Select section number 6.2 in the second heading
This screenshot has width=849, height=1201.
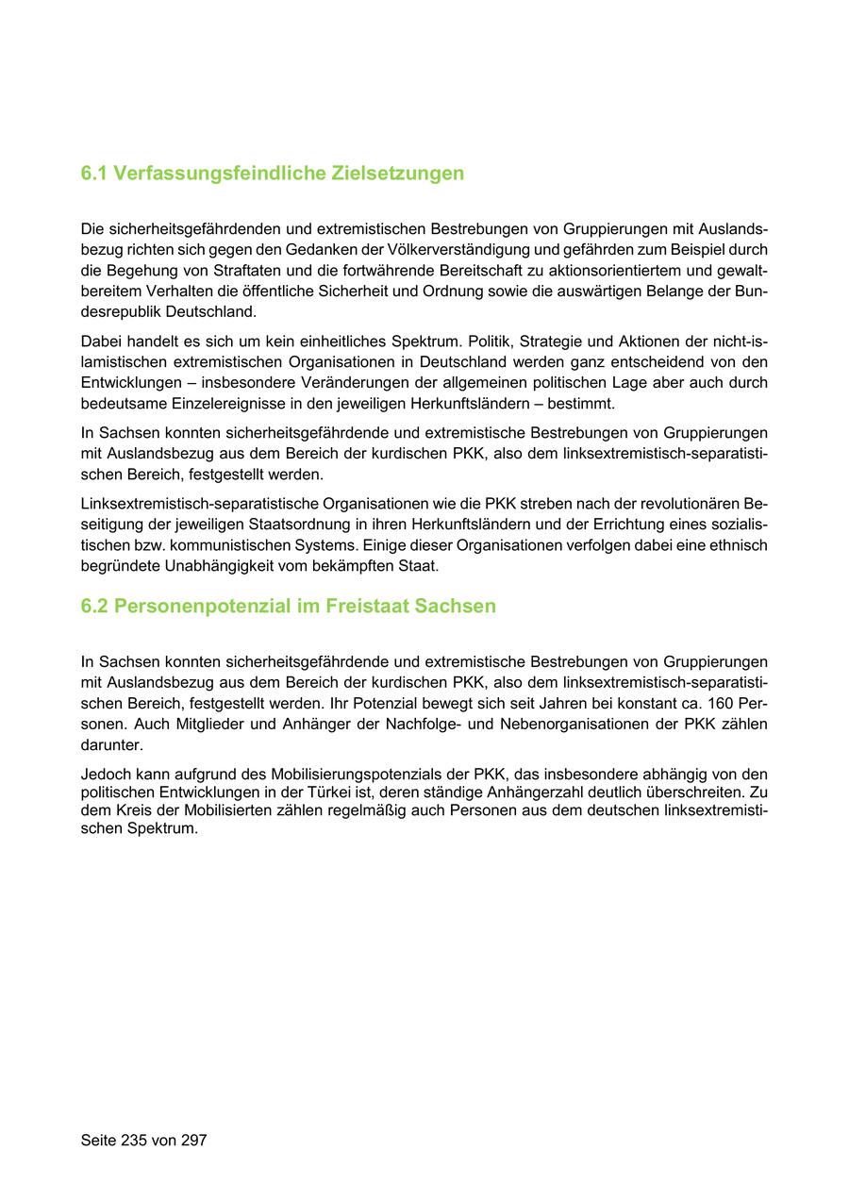click(x=94, y=607)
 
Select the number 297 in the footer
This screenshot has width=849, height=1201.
click(x=192, y=1141)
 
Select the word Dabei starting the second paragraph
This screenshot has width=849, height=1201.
click(x=101, y=342)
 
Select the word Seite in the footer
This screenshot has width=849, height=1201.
click(x=98, y=1141)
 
